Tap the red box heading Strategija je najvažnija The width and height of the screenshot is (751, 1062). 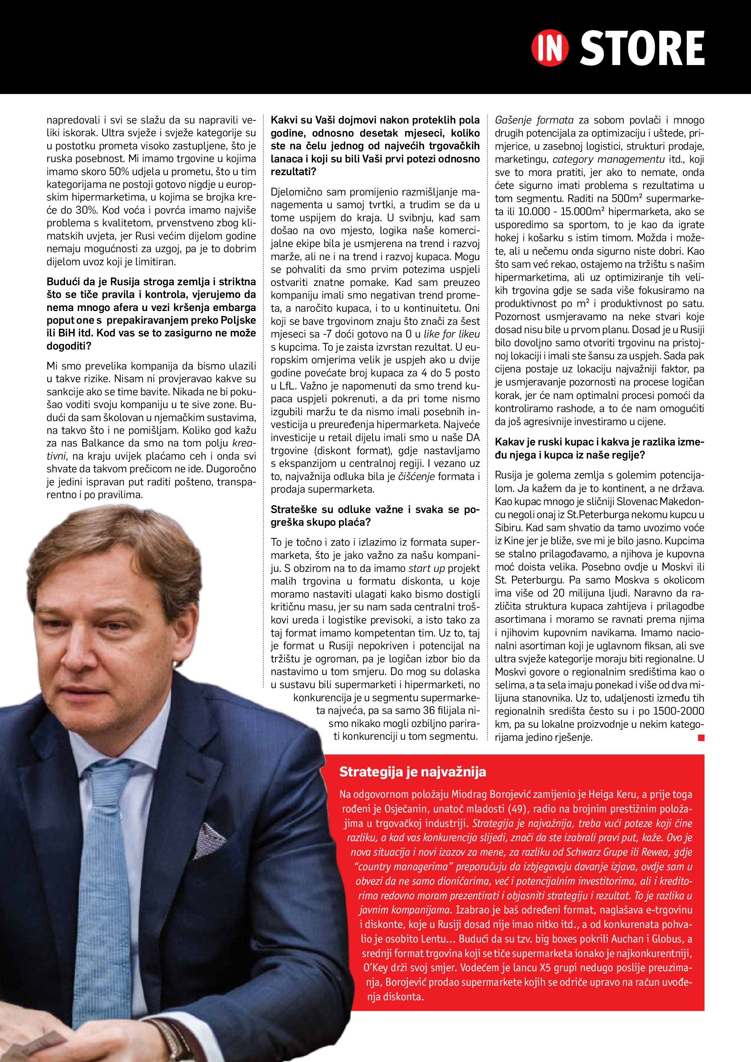[412, 772]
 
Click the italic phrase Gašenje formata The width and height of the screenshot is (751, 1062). [534, 120]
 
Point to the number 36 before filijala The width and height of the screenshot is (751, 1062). [431, 710]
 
